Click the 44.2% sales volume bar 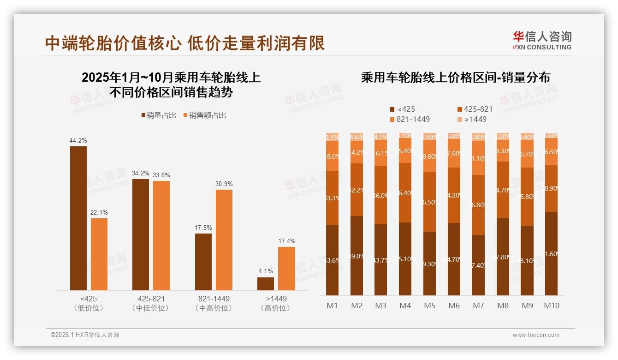(78, 218)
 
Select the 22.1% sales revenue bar (99, 254)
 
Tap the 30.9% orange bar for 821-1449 (224, 240)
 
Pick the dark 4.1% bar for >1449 (265, 283)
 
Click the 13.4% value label (286, 241)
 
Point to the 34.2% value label (140, 173)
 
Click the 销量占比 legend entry (159, 115)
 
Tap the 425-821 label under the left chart (150, 299)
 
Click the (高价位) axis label (276, 308)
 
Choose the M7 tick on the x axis (478, 306)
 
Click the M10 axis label (551, 306)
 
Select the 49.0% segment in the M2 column (357, 256)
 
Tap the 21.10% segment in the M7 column (478, 158)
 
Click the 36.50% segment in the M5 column (429, 202)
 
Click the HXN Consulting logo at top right (542, 40)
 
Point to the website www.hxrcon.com (536, 335)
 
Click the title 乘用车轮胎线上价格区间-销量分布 (455, 78)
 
